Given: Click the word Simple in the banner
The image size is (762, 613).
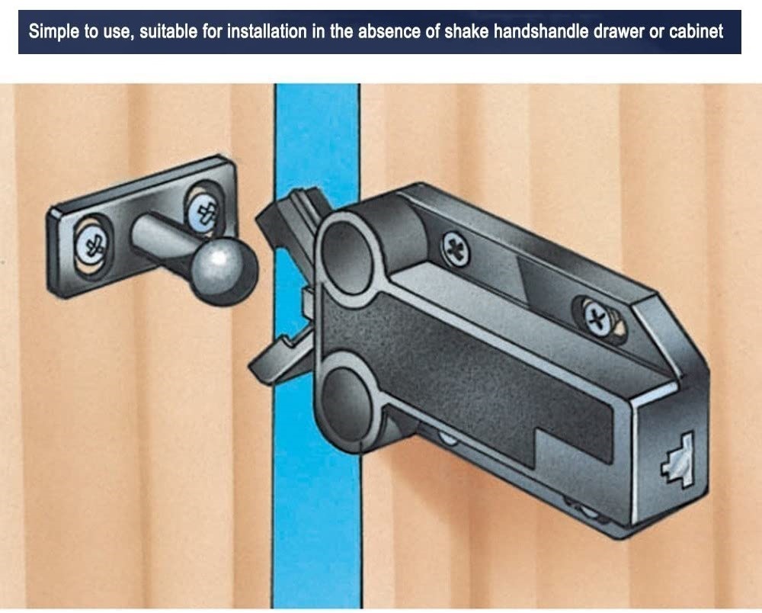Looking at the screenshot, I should tap(51, 33).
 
